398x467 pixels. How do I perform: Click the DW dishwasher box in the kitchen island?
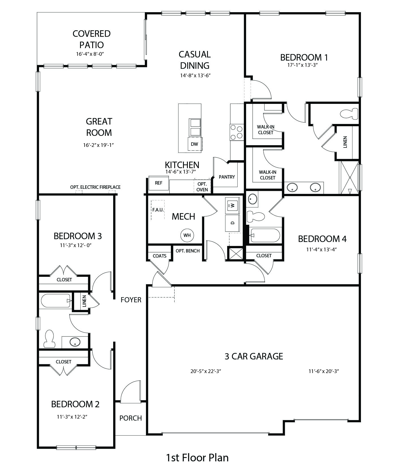pyautogui.click(x=194, y=144)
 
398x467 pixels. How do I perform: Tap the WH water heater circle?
pyautogui.click(x=187, y=235)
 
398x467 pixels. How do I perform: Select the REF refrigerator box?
pyautogui.click(x=159, y=183)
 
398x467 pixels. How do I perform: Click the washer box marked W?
pyautogui.click(x=233, y=205)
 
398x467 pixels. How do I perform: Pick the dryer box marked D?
pyautogui.click(x=233, y=223)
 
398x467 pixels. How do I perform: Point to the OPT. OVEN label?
pyautogui.click(x=202, y=187)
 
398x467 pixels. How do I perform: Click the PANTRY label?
pyautogui.click(x=227, y=177)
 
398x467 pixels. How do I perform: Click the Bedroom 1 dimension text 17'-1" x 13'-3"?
pyautogui.click(x=304, y=65)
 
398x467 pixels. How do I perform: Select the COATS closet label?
pyautogui.click(x=160, y=256)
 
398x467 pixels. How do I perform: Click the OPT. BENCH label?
pyautogui.click(x=188, y=251)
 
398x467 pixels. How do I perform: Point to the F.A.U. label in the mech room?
pyautogui.click(x=158, y=210)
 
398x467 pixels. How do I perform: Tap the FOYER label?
pyautogui.click(x=131, y=300)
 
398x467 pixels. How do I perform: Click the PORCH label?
pyautogui.click(x=131, y=418)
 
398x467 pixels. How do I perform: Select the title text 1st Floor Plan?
pyautogui.click(x=197, y=457)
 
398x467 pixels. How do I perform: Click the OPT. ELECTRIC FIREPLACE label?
pyautogui.click(x=95, y=187)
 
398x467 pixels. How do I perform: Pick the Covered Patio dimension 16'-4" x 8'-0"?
pyautogui.click(x=90, y=54)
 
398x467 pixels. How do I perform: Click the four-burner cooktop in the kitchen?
pyautogui.click(x=237, y=132)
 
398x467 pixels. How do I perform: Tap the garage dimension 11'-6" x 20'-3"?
pyautogui.click(x=324, y=371)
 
